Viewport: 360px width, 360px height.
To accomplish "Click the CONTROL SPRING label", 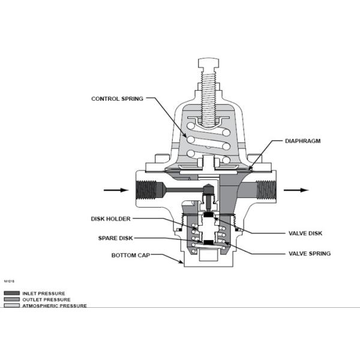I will coord(117,98).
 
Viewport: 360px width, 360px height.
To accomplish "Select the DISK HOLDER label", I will coord(110,218).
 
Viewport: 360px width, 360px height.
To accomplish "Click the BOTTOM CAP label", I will coord(130,256).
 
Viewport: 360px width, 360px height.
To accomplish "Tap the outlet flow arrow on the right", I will coord(296,190).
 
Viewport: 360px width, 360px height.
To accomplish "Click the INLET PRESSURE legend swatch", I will coord(11,293).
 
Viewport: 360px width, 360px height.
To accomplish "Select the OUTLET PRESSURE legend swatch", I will coord(11,299).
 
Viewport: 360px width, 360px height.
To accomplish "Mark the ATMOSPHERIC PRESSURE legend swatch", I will coord(11,305).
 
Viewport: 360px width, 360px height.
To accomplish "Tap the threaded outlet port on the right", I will coord(265,190).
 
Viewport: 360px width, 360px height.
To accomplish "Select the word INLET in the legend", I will coord(30,293).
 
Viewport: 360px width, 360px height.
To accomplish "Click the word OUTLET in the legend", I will coord(32,299).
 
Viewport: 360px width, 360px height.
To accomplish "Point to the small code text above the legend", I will coord(9,281).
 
